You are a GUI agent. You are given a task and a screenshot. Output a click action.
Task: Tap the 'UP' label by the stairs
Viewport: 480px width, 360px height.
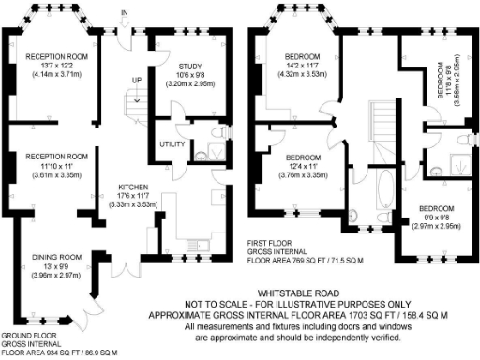(138, 80)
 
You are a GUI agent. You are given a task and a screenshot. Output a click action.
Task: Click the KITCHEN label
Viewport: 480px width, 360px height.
(124, 187)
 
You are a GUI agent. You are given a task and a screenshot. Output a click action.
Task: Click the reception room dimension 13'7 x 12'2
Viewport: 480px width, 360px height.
(56, 65)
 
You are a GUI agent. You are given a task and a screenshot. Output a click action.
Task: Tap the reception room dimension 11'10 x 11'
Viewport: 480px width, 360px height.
(56, 165)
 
